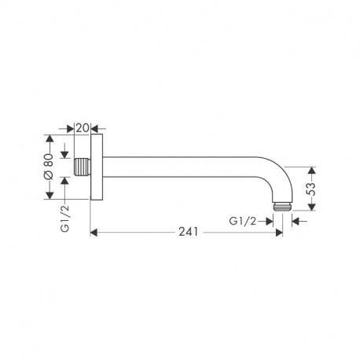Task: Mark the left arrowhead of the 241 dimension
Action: [95, 233]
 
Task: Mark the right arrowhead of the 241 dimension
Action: [280, 233]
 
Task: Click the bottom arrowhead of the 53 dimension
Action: [312, 208]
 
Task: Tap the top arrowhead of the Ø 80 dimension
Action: [50, 141]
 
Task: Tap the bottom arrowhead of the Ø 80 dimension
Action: [50, 197]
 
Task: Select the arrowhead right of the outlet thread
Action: [296, 221]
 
